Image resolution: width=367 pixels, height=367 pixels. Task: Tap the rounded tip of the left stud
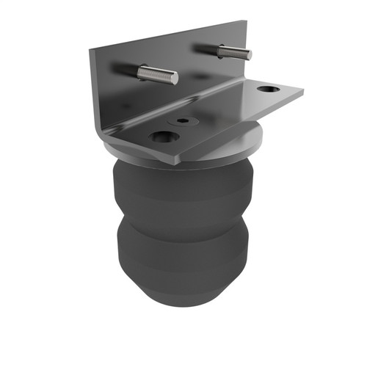tap(175, 77)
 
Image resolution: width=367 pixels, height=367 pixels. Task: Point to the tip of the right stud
tap(249, 54)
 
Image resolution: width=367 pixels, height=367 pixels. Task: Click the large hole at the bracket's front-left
tap(163, 137)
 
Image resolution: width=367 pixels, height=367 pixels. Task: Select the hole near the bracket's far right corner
tap(269, 90)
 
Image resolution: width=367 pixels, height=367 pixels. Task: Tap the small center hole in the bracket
tap(181, 119)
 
